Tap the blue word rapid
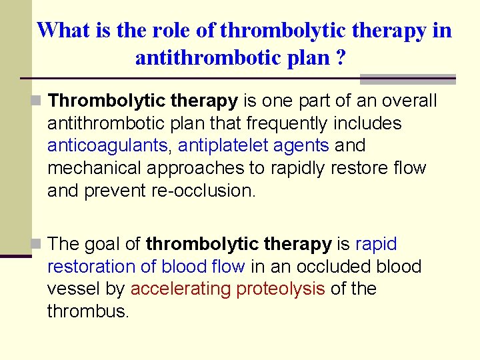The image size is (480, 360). tap(376, 244)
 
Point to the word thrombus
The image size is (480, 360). tap(87, 311)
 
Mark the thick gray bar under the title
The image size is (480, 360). tap(407, 79)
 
